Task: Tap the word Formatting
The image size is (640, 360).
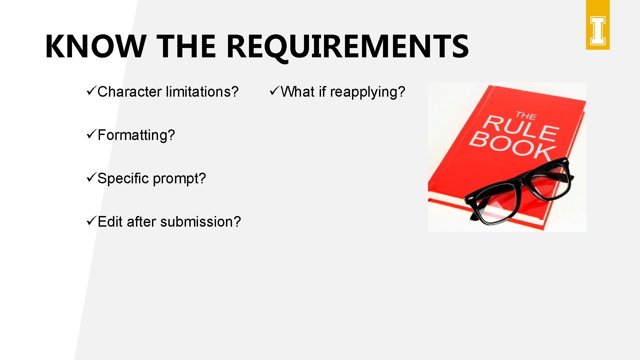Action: point(136,135)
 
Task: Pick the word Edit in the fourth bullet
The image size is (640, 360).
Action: point(110,222)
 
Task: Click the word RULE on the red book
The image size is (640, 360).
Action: point(521,128)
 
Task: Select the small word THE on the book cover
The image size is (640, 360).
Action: point(526,116)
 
